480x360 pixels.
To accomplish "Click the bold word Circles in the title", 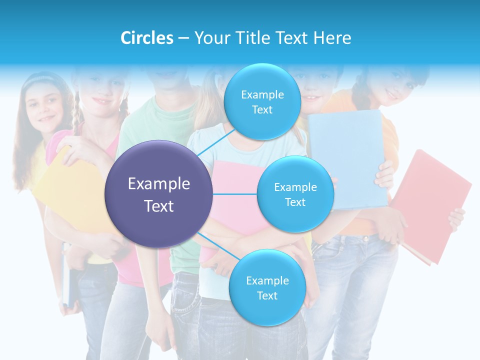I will click(146, 38).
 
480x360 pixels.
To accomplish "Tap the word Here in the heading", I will click(332, 38).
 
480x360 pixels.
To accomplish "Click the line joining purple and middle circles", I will click(235, 194).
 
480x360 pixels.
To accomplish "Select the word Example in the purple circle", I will click(159, 184).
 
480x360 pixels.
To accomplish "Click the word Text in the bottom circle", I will click(267, 295).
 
